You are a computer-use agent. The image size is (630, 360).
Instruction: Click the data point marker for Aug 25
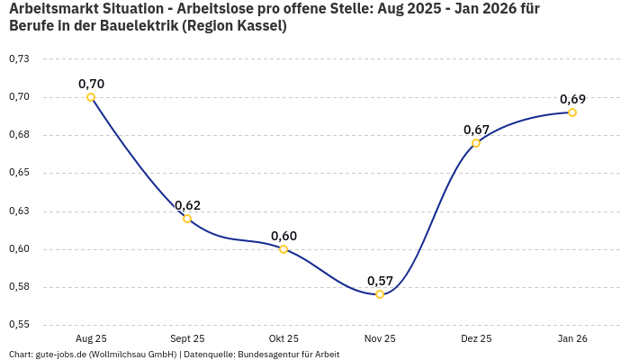click(91, 97)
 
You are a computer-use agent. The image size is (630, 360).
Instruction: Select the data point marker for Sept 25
click(187, 219)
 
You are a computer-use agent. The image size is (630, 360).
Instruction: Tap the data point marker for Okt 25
click(283, 249)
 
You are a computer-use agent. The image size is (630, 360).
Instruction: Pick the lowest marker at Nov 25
click(380, 294)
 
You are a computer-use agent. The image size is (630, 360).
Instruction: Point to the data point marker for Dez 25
click(476, 143)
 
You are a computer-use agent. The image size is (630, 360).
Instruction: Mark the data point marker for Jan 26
click(572, 112)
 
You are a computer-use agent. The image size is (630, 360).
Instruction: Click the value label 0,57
click(380, 281)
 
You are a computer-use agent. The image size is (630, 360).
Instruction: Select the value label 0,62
click(187, 205)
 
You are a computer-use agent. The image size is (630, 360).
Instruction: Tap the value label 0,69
click(572, 99)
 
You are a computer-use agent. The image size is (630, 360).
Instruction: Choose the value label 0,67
click(476, 130)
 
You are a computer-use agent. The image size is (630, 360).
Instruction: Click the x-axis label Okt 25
click(283, 338)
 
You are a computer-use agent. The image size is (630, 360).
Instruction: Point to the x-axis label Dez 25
click(476, 338)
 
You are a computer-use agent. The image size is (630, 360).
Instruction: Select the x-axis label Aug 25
click(91, 338)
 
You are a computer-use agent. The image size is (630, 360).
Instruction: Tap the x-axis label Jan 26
click(572, 338)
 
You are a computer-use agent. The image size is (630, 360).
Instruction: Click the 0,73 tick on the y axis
click(18, 58)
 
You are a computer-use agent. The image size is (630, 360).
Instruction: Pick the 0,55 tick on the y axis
click(18, 325)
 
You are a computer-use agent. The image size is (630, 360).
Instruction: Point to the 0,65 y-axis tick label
click(18, 173)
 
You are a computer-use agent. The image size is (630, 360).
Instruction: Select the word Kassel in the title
click(261, 25)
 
